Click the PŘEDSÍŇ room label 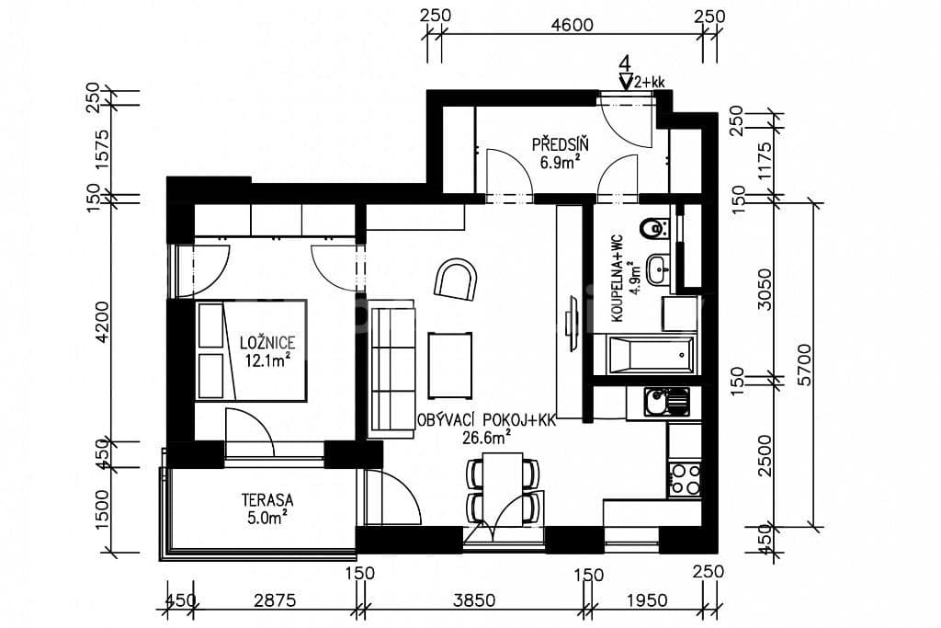coord(560,143)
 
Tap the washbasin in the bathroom coord(658,269)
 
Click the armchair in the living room coord(457,279)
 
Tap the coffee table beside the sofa coord(450,360)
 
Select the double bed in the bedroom coord(251,350)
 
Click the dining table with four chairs coord(501,491)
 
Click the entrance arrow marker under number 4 coord(626,83)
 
